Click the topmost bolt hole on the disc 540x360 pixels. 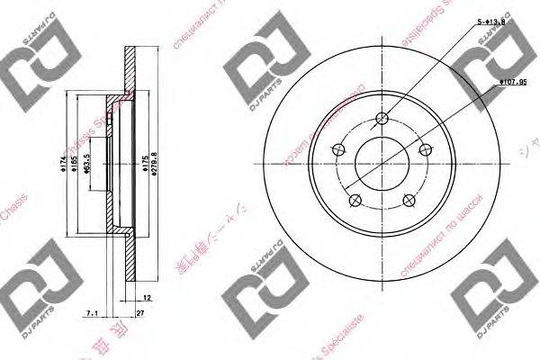point(382,119)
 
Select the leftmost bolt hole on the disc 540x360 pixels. point(339,149)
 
